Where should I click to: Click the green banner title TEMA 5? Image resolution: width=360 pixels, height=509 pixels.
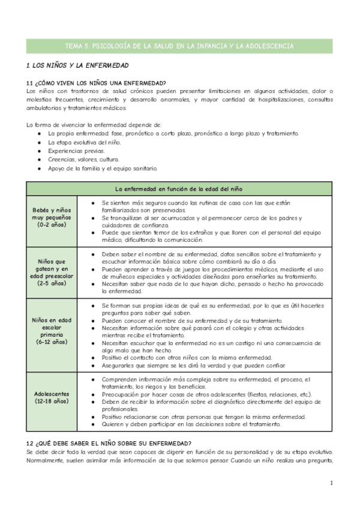179,46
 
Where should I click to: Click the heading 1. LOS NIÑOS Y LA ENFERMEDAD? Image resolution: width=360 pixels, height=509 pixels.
77,65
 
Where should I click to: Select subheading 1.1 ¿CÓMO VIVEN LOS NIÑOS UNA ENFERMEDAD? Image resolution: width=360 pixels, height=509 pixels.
97,83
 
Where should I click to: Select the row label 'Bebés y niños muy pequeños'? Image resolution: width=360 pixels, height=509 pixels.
52,212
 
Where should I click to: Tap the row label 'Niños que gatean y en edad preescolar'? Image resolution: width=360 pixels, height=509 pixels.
52,270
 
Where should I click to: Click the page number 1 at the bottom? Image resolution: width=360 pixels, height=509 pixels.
331,483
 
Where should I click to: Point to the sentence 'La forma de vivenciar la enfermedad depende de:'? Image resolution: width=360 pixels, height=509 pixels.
90,124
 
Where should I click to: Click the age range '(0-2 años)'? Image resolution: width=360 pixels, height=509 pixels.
52,224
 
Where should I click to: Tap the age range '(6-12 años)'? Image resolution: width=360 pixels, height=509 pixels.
52,342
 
